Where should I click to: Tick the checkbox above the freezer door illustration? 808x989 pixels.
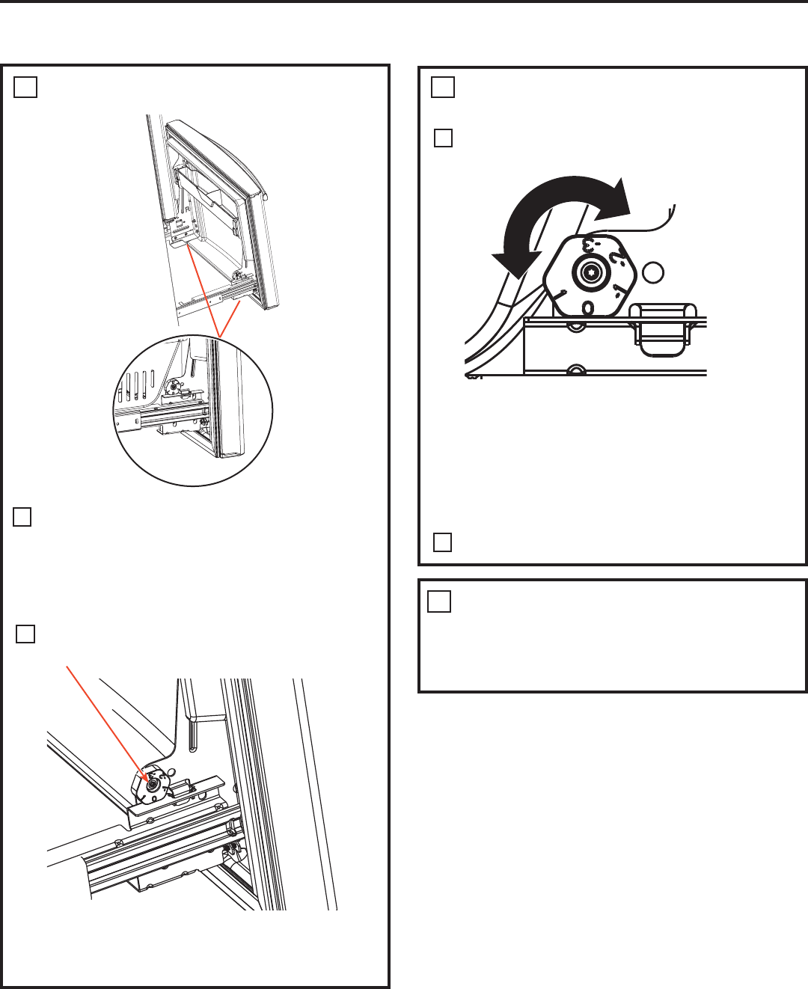point(25,88)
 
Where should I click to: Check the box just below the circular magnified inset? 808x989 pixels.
point(22,517)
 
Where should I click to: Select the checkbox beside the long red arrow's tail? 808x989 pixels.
point(25,634)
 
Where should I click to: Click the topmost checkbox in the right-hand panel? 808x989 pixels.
point(443,88)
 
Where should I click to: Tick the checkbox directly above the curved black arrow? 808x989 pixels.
point(443,138)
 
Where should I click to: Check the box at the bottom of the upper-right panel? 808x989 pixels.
point(443,542)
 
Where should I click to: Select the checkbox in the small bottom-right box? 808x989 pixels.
point(439,601)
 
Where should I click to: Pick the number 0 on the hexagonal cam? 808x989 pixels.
point(588,307)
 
